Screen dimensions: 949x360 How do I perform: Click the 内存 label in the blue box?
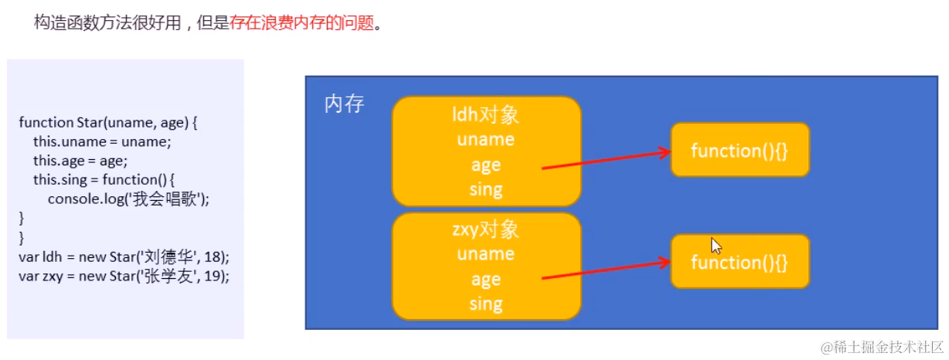click(344, 104)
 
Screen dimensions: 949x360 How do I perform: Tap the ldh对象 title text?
click(485, 115)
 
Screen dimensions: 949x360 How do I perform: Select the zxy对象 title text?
click(485, 229)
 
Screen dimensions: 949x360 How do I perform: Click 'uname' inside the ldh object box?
click(485, 140)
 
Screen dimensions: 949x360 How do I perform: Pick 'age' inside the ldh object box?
click(485, 165)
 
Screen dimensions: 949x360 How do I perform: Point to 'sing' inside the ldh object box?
click(485, 189)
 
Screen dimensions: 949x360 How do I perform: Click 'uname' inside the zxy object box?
click(485, 254)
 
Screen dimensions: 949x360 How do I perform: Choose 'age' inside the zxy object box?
click(485, 280)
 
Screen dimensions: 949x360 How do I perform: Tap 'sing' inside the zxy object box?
click(485, 304)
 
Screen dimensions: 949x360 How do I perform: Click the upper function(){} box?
click(740, 150)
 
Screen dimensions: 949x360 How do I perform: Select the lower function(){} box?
click(740, 262)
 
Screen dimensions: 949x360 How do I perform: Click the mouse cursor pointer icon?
click(716, 246)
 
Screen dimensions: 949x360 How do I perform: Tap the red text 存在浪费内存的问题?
click(301, 23)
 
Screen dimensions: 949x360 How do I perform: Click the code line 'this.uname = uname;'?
click(101, 141)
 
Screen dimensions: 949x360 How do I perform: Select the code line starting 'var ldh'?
click(124, 256)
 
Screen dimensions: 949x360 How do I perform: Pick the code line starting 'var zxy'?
click(124, 275)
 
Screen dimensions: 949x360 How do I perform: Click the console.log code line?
click(128, 199)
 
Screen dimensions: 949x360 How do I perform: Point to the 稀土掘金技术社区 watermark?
click(883, 346)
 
